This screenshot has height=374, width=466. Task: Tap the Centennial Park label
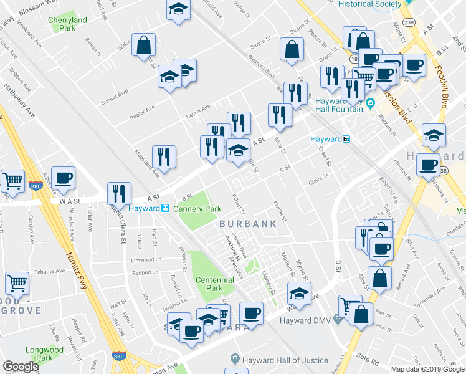click(x=214, y=284)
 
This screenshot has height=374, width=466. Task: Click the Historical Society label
click(x=369, y=4)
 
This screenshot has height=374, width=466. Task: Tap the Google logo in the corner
click(x=21, y=367)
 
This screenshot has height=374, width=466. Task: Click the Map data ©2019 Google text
click(x=427, y=369)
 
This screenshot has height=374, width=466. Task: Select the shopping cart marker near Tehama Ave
click(x=17, y=284)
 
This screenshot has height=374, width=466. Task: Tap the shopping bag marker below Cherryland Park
click(x=144, y=45)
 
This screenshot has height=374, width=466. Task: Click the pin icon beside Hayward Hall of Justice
click(x=234, y=359)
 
